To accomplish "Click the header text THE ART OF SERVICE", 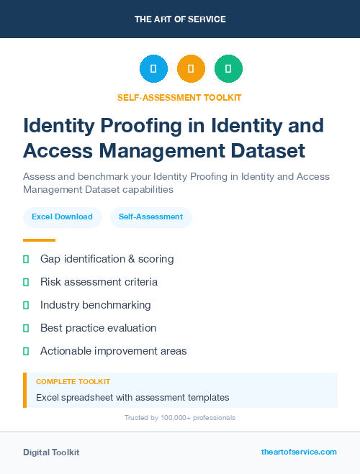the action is [180, 19].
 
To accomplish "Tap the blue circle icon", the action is [153, 69].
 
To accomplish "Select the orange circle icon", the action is [191, 69].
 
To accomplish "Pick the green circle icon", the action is [228, 69].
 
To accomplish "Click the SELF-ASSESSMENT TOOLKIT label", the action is [180, 97].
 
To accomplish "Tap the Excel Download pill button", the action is [62, 217].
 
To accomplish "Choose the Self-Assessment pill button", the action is [150, 217].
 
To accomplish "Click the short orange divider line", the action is [39, 240].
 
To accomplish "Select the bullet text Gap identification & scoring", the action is [107, 259].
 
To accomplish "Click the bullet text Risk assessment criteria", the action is [99, 282].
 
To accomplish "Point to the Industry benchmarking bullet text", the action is [96, 305].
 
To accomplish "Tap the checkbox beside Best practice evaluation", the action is [26, 328].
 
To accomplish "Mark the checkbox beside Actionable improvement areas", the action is [26, 351].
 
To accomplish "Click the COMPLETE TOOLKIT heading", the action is [73, 382].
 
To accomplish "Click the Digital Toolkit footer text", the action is [51, 452].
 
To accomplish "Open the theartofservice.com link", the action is [299, 452].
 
